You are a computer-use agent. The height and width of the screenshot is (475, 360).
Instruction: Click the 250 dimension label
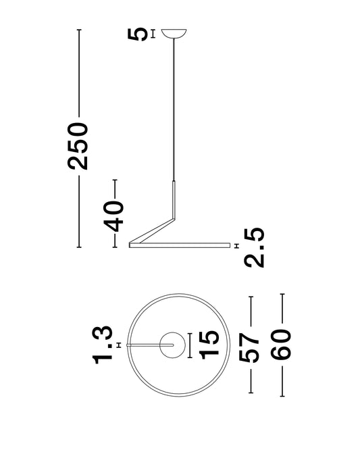point(78,146)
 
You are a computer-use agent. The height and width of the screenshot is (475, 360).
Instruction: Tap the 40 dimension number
point(114,216)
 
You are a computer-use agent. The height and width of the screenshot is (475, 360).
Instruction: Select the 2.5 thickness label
point(254,248)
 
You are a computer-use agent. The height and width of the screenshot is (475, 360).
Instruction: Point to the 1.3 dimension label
point(103,345)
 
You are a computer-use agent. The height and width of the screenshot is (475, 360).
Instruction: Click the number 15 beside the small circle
point(209,345)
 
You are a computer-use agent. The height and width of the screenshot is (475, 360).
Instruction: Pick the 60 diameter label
point(281,345)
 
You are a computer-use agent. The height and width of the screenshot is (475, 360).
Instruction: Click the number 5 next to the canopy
point(138,34)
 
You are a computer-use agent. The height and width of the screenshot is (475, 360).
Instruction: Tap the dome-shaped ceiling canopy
point(174,34)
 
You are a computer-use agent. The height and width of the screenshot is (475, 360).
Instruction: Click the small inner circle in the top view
point(172,332)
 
